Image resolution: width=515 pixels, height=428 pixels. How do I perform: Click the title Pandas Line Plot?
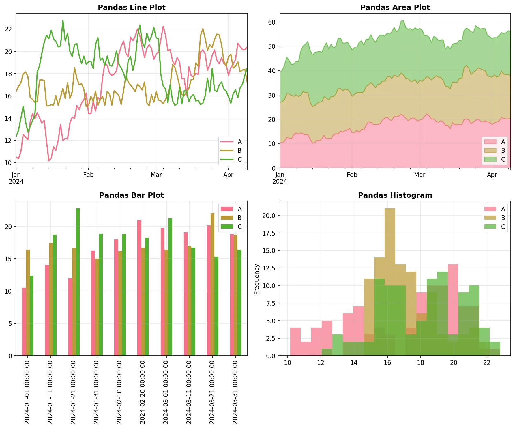[x=132, y=8]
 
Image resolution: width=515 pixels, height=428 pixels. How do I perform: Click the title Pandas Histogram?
[x=395, y=195]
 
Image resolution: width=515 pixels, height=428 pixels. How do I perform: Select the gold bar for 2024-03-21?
[x=212, y=284]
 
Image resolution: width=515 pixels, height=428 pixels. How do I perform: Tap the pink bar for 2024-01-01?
[x=24, y=322]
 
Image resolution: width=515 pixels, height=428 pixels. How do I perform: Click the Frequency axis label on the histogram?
[x=257, y=279]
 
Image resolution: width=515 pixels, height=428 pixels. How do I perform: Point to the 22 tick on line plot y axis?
[x=8, y=29]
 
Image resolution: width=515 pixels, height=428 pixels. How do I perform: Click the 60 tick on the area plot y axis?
[x=272, y=22]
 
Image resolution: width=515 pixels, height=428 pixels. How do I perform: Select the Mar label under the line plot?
[x=156, y=175]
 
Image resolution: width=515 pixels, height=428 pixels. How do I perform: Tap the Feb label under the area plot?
[x=352, y=175]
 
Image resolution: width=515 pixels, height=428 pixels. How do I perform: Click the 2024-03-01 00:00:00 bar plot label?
[x=166, y=392]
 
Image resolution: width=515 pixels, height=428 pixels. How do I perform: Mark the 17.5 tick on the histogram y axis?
[x=269, y=233]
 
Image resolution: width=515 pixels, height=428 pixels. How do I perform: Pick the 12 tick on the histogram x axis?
[x=321, y=362]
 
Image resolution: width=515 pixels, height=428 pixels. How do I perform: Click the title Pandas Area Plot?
[x=395, y=8]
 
